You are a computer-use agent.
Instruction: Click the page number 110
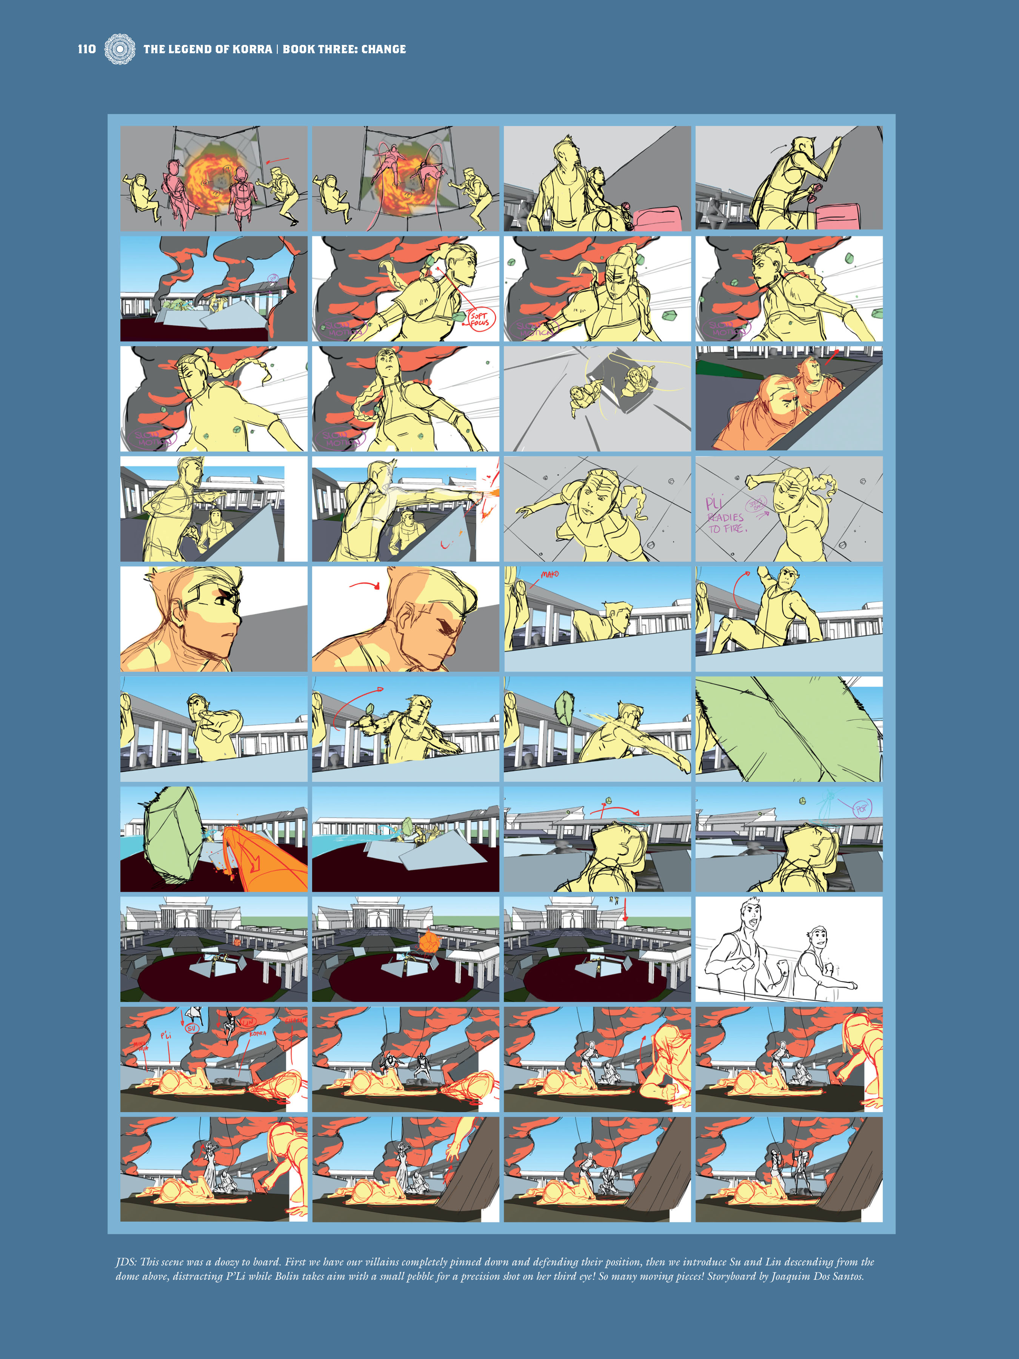86,49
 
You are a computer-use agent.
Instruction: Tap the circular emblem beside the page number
120,49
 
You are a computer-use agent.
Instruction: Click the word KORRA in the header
252,49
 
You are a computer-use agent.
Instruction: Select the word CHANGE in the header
383,49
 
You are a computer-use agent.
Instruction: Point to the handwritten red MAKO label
550,575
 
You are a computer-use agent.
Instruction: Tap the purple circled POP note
861,809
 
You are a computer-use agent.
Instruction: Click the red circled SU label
192,1028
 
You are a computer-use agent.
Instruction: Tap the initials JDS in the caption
126,1262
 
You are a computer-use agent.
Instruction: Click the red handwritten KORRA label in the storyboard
258,1034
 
